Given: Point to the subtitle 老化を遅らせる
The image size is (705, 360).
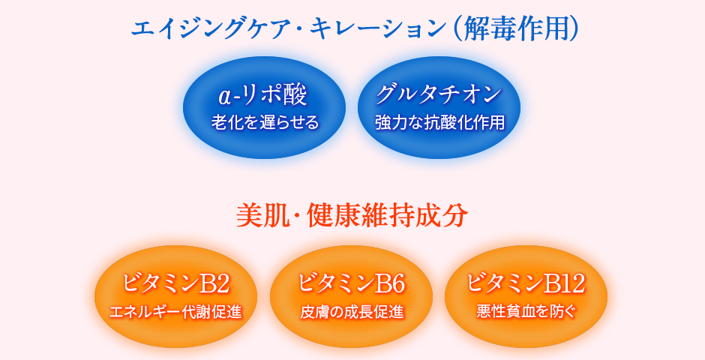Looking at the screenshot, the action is pos(265,122).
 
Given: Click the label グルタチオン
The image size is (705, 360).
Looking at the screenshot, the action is pos(439,94).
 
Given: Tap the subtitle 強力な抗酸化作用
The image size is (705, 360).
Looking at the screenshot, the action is pos(439,122).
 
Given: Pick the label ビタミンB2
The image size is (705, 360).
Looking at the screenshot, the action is pos(175,283).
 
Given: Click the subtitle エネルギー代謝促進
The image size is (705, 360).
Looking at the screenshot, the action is pos(175,312).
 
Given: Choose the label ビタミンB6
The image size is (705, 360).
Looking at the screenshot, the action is pos(351,283).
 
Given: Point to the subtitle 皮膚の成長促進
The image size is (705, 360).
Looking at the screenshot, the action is pos(352,312).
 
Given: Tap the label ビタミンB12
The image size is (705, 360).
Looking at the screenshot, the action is pos(526,283).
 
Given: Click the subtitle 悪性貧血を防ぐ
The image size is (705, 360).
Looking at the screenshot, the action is pos(526,312).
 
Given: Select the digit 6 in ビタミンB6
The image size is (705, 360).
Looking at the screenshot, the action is pos(398,284).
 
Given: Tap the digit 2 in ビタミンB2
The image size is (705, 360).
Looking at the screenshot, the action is pos(223,284).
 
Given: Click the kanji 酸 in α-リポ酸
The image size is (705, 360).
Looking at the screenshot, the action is pos(296,96).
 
